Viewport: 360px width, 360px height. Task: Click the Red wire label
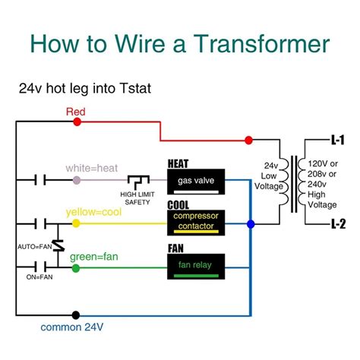[76, 112]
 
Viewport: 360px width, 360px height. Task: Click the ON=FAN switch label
[28, 278]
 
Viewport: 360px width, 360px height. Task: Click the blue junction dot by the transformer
[251, 224]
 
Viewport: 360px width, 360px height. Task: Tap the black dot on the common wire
[74, 314]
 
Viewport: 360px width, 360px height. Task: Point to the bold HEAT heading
[179, 162]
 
